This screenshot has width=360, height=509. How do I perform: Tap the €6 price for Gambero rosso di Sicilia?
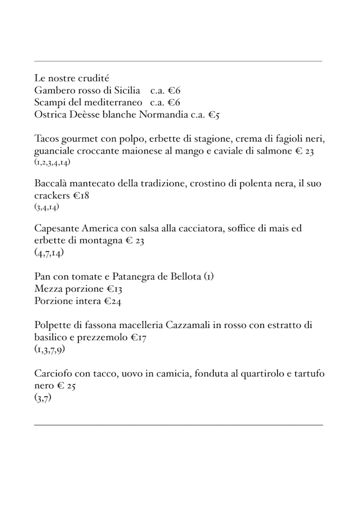(173, 91)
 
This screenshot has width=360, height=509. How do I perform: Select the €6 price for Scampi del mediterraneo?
(173, 103)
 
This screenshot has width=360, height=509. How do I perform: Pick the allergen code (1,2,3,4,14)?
(52, 163)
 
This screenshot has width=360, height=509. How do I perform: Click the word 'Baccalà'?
(51, 184)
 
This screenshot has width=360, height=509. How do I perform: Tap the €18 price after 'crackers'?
(80, 196)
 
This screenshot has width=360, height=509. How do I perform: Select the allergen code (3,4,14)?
(47, 208)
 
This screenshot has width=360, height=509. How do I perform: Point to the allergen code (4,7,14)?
(49, 253)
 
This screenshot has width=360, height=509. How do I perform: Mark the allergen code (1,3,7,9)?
(49, 350)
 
